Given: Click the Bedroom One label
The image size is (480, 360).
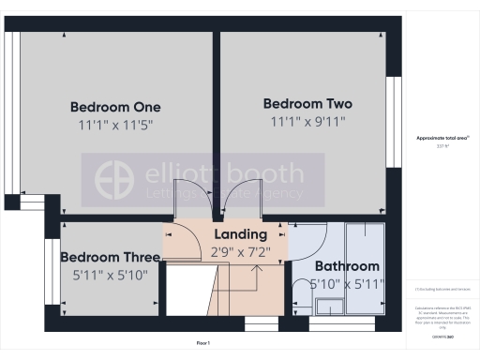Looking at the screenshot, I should click(115, 106).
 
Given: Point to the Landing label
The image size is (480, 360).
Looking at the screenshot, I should click(241, 233).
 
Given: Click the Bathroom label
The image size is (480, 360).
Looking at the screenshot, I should click(347, 266).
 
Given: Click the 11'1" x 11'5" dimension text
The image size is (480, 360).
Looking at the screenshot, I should click(116, 124).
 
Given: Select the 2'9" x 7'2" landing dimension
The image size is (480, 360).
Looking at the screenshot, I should click(241, 251).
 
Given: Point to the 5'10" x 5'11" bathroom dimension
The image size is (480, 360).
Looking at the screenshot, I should click(347, 284).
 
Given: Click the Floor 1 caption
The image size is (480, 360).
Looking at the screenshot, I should click(202, 344).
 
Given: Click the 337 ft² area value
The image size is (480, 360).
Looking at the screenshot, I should click(442, 146).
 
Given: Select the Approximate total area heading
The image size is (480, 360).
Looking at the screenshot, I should click(442, 139).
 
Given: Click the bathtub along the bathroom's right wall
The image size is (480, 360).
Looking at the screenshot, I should click(365, 272).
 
